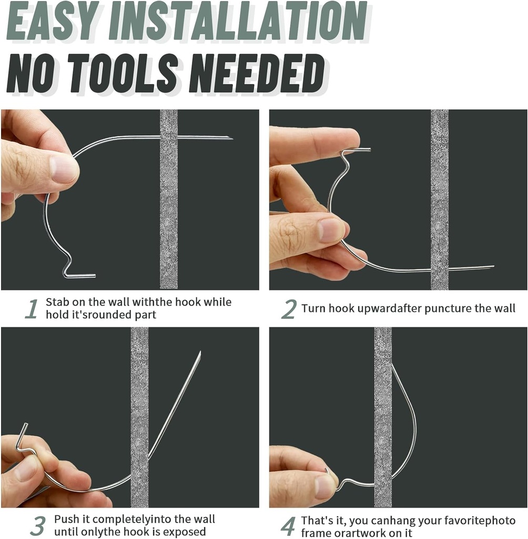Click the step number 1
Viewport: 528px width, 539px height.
click(x=32, y=309)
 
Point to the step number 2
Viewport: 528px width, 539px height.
click(x=288, y=309)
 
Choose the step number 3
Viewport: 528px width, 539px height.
click(x=38, y=525)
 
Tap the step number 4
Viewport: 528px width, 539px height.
click(x=288, y=526)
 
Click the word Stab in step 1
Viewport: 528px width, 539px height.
click(x=56, y=302)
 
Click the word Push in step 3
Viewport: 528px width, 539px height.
click(x=66, y=520)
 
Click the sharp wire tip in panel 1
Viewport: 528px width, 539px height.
click(x=230, y=138)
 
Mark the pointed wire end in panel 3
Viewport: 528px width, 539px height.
click(x=199, y=353)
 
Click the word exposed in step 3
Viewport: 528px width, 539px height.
click(x=184, y=532)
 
